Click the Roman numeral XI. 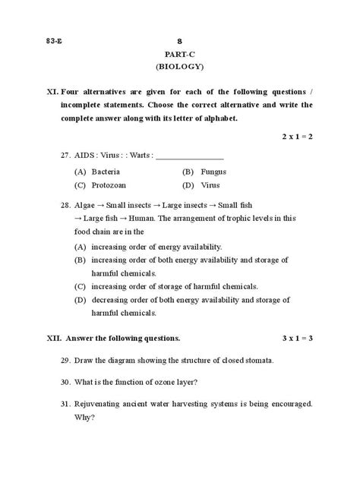click(x=52, y=93)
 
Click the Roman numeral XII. click(x=53, y=338)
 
